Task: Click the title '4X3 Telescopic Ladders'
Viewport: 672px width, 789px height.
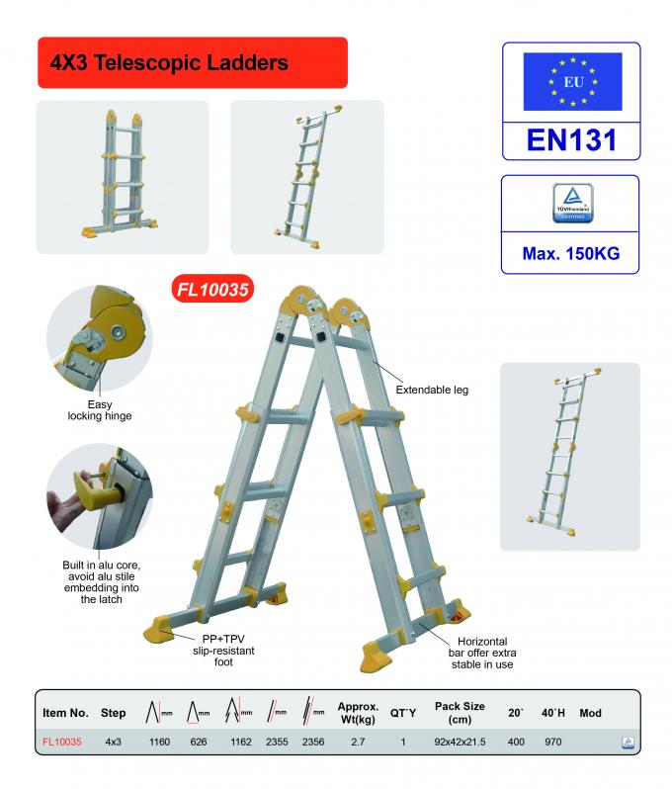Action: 169,62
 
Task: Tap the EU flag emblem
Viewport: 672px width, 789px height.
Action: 572,81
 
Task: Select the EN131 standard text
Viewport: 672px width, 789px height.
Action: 571,138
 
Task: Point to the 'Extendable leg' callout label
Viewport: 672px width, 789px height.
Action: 432,390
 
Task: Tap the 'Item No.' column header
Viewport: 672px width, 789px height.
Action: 66,712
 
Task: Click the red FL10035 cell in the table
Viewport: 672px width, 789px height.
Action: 61,741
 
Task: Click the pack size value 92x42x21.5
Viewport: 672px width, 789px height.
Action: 460,741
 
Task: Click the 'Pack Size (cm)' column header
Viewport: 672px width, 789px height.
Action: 460,712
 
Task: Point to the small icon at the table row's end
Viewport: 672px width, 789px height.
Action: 626,741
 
